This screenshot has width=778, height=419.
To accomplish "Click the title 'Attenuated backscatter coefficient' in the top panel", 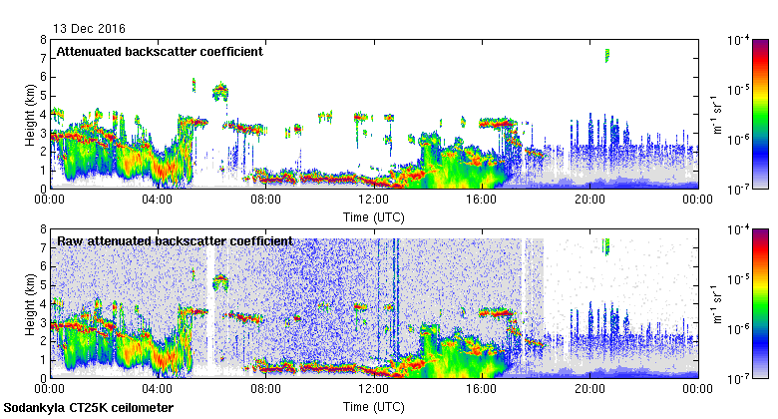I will (x=159, y=51).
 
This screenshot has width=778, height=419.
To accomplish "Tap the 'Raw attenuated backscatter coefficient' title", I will (x=175, y=240).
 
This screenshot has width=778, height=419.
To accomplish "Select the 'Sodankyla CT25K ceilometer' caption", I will (x=89, y=408).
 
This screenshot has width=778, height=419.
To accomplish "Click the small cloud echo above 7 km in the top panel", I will (x=606, y=55).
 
